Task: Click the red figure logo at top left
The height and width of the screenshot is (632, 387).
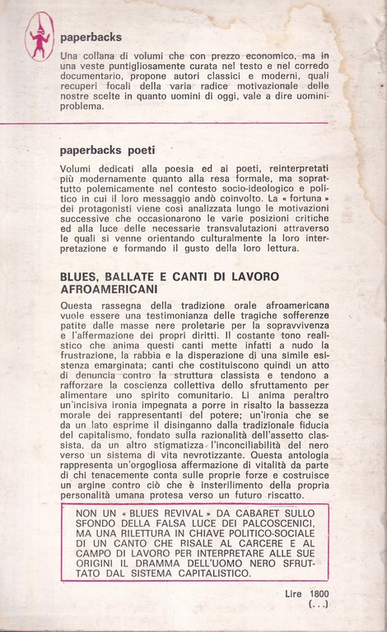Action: click(38, 37)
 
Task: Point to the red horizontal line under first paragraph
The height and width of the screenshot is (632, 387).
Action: click(193, 123)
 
